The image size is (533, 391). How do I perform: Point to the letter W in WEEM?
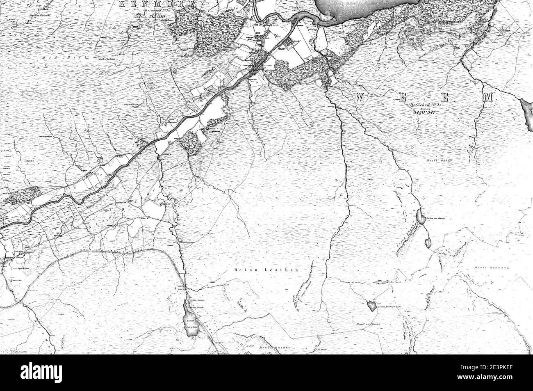click(360, 97)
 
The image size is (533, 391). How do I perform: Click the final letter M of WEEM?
click(487, 97)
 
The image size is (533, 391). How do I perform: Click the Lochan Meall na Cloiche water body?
click(371, 305)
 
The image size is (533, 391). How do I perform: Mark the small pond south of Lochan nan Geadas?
click(428, 243)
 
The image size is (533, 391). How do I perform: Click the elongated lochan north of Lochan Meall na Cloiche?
click(381, 282)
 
